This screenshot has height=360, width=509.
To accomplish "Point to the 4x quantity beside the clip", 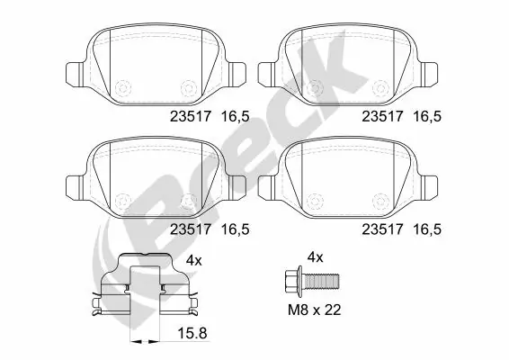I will [x=192, y=260].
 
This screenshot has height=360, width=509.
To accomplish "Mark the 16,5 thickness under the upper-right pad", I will [x=427, y=115].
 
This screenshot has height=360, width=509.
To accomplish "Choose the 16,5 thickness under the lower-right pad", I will [x=427, y=229].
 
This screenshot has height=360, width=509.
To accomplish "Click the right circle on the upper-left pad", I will [x=188, y=87].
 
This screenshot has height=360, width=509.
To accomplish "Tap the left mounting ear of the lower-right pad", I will [x=266, y=186].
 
